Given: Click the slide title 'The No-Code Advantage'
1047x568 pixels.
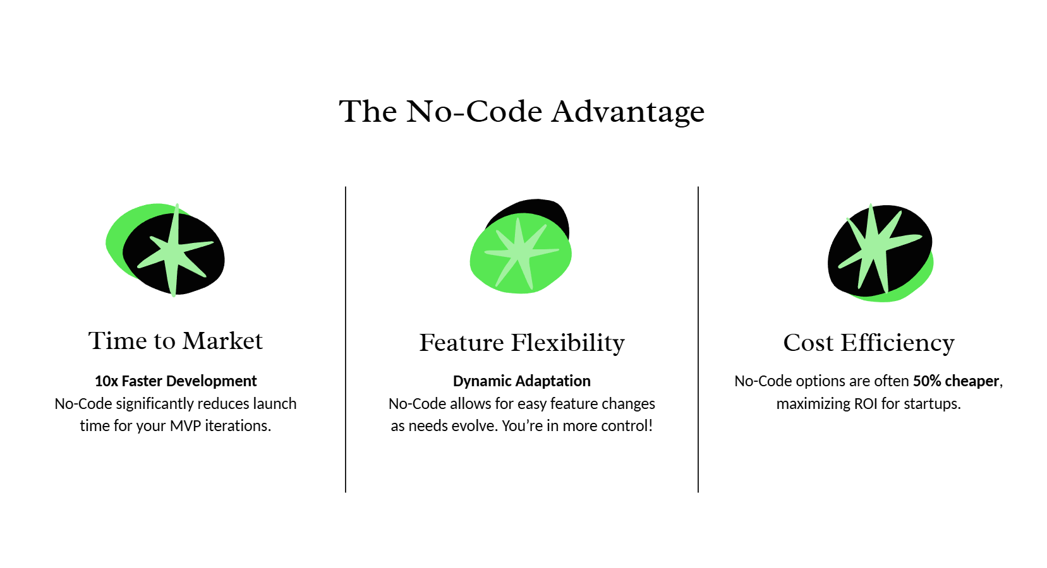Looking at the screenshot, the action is pyautogui.click(x=522, y=112).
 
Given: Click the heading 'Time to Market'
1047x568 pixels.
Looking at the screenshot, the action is pyautogui.click(x=176, y=341).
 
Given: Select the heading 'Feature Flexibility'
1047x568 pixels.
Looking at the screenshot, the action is pyautogui.click(x=522, y=343).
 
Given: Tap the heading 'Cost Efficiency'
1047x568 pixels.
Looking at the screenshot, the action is pyautogui.click(x=869, y=343).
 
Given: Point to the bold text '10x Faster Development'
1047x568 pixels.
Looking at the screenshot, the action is pyautogui.click(x=176, y=381).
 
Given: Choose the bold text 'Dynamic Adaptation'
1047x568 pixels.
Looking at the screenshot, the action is pyautogui.click(x=522, y=381).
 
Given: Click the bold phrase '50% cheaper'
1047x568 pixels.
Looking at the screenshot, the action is pyautogui.click(x=956, y=381).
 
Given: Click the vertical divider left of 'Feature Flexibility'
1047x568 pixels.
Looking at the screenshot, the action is pyautogui.click(x=346, y=340).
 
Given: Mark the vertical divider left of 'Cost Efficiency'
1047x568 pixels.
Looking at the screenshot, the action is pyautogui.click(x=698, y=340).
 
